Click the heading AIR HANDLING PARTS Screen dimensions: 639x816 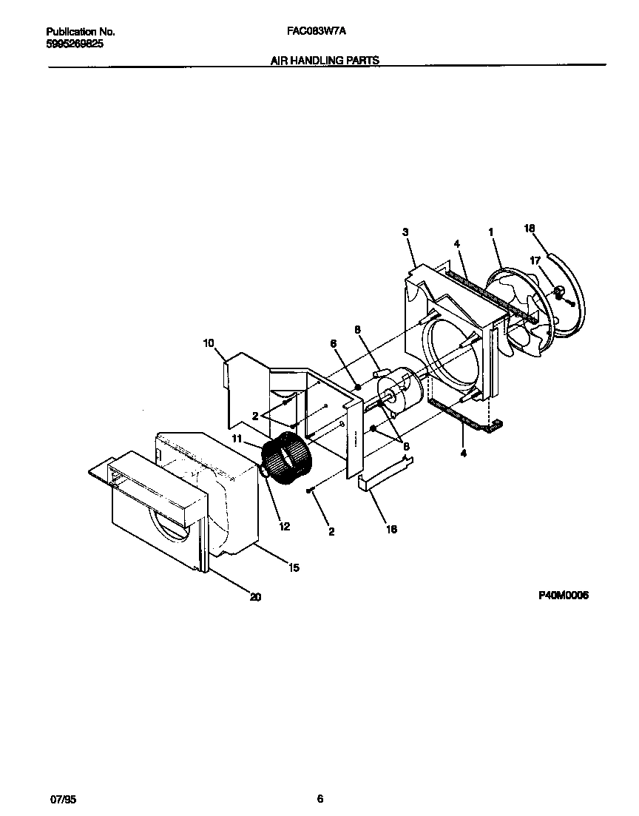325,61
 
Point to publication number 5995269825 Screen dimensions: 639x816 75,44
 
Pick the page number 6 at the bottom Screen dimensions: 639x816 319,798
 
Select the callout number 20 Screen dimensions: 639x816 255,597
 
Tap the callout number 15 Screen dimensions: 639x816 294,567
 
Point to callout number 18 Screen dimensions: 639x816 529,229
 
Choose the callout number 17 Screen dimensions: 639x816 535,260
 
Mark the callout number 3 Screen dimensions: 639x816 405,232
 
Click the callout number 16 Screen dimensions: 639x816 392,529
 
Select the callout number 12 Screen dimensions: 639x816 285,526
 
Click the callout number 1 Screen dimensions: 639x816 490,232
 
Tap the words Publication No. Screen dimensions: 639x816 81,33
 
